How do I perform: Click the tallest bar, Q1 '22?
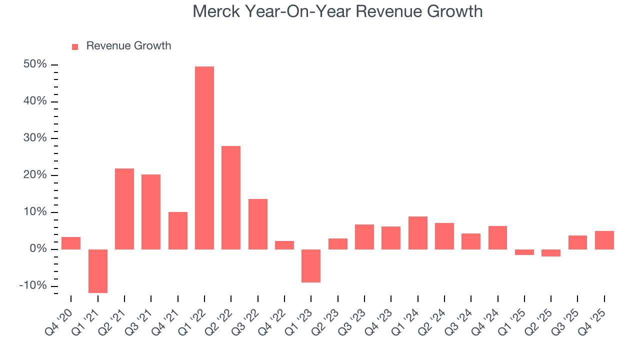coord(204,157)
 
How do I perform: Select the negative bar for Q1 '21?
coord(97,271)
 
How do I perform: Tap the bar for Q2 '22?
coord(231,197)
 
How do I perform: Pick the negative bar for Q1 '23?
coord(311,265)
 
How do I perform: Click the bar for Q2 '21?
coord(124,208)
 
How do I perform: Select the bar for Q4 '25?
coord(604,240)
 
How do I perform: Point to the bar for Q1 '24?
coord(417,232)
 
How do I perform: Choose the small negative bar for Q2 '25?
coord(551,253)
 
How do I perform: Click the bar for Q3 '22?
coord(258,224)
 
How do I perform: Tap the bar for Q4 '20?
coord(71,243)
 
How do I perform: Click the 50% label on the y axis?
coord(35,64)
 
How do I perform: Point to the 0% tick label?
coord(38,249)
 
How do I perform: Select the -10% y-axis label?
coord(33,285)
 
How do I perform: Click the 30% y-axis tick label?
coord(35,138)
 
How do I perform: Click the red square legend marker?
coord(75,47)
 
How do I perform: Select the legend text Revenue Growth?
coord(128,46)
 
